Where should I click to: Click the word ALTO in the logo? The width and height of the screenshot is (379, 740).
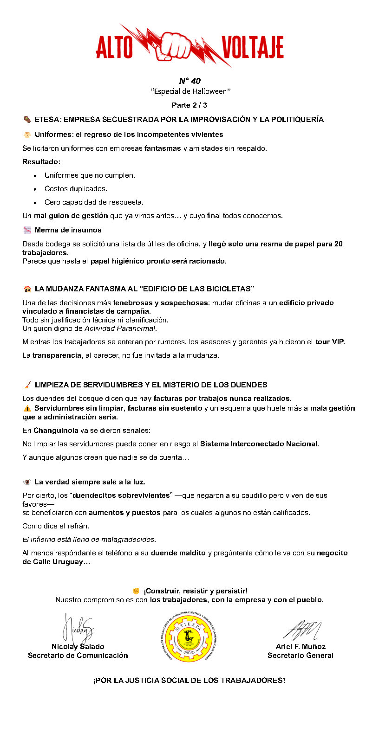pos(115,47)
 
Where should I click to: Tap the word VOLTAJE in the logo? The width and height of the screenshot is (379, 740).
pos(252,47)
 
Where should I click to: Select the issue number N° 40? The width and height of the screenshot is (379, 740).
pos(189,81)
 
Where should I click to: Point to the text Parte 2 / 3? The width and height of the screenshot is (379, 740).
pos(189,105)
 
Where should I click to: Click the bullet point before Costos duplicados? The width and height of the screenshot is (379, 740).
pos(35,189)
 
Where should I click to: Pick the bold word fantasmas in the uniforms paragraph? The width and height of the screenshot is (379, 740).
pos(163,148)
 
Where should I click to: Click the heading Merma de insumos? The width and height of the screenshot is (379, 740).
pos(68,230)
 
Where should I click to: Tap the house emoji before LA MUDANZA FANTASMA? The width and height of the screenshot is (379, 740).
pos(27,289)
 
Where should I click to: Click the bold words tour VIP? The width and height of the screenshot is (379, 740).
pos(330,342)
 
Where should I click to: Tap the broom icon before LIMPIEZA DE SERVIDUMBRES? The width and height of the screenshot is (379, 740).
pos(27,385)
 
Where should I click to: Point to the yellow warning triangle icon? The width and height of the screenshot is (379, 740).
pos(27,408)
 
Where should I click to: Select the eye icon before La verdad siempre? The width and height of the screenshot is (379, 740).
pos(27,482)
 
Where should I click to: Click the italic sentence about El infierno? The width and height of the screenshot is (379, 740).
pos(89,539)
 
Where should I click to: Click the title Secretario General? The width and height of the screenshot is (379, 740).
pos(300,656)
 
